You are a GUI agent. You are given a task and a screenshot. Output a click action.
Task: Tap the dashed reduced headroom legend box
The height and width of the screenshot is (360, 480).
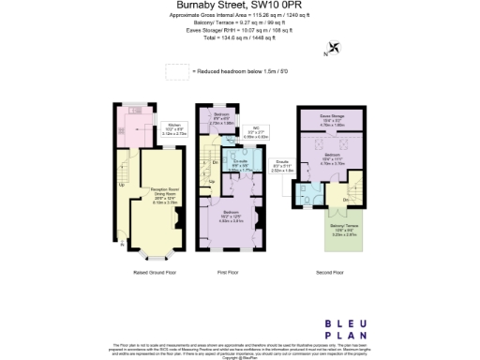pyautogui.click(x=176, y=71)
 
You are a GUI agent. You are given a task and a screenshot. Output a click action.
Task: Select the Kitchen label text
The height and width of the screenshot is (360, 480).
pyautogui.click(x=174, y=128)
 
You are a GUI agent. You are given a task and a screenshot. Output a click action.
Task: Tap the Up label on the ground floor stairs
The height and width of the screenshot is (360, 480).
pyautogui.click(x=122, y=184)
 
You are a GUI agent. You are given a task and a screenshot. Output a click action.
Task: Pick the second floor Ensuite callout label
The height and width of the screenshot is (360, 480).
pyautogui.click(x=282, y=168)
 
